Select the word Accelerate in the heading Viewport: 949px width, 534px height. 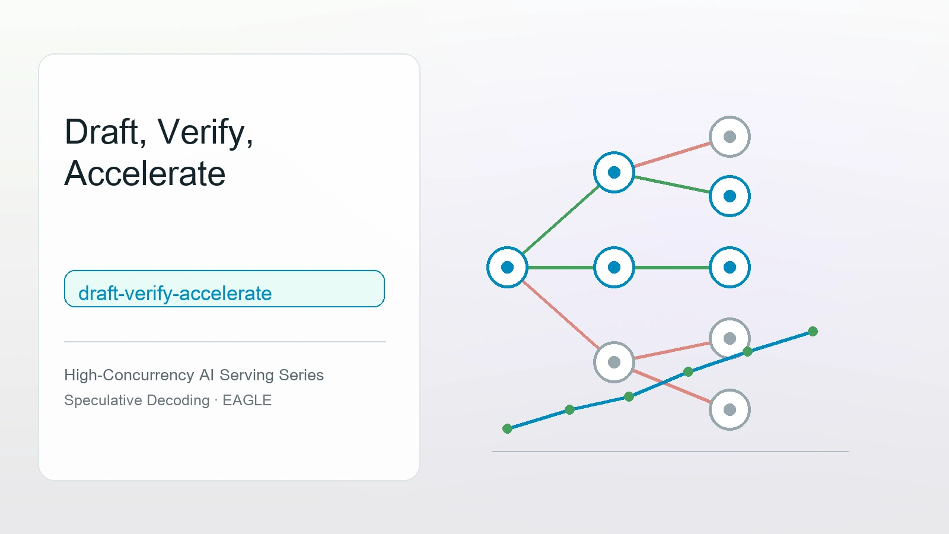[145, 173]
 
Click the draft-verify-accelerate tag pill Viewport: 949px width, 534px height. [224, 288]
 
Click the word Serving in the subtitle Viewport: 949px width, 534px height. [247, 376]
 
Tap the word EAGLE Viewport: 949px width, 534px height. [247, 400]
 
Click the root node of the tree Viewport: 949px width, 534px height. [507, 268]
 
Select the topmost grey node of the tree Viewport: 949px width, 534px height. [730, 137]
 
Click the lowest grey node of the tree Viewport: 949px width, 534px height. [730, 410]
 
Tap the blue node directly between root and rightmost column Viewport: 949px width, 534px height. [614, 268]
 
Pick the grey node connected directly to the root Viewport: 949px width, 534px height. [614, 363]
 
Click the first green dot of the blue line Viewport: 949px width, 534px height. [507, 429]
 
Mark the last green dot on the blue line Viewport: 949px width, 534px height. [813, 332]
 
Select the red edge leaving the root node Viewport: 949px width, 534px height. [561, 315]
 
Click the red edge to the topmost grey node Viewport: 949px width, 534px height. [672, 155]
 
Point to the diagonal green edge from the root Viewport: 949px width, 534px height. [561, 220]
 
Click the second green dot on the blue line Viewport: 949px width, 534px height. [570, 410]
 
